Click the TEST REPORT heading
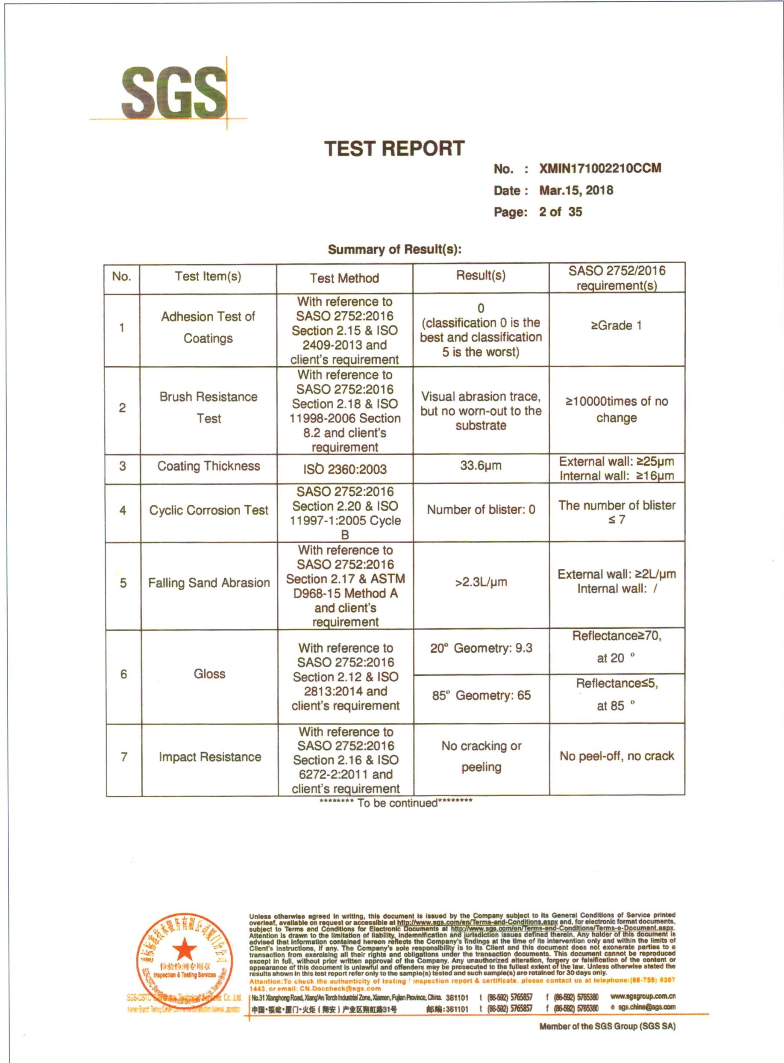[x=394, y=149]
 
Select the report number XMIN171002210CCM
[x=600, y=168]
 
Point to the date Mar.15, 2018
[x=576, y=190]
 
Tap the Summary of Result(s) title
[x=394, y=249]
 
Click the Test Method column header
[x=344, y=278]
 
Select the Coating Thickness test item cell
[x=208, y=466]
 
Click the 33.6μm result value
[x=480, y=465]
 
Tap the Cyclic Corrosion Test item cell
[x=208, y=510]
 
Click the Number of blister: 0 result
[x=481, y=509]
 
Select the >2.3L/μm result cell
[x=481, y=582]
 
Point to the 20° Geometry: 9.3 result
[x=481, y=648]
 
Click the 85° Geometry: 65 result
[x=481, y=695]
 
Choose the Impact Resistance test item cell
[x=210, y=757]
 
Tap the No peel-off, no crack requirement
[x=617, y=756]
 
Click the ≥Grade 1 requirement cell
[x=616, y=326]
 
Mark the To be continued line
[x=396, y=803]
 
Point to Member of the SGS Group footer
[x=607, y=1026]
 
